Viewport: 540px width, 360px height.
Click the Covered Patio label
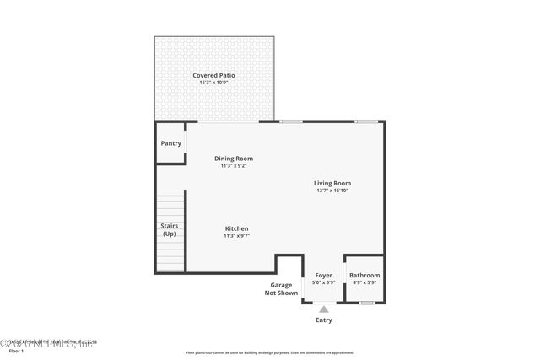point(213,75)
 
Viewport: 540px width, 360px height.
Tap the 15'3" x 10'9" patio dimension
point(213,83)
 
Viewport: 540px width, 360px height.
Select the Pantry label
point(170,143)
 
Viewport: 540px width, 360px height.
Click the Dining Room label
point(233,158)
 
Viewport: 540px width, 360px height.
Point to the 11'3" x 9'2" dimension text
point(233,165)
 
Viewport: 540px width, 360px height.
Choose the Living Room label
point(332,183)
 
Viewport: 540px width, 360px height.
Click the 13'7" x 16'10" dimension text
point(332,191)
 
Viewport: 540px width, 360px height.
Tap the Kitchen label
point(236,228)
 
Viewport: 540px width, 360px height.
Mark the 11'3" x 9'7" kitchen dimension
point(236,236)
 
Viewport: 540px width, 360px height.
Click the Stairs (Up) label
point(169,229)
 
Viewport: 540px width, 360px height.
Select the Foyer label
point(324,275)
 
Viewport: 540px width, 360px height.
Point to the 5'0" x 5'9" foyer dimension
point(324,282)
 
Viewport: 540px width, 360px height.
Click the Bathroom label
point(364,275)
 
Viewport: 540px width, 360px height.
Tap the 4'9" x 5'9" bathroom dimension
point(364,282)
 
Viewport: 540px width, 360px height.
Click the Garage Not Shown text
point(281,288)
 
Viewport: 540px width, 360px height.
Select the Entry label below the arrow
point(324,320)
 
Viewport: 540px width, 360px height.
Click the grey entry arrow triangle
point(324,309)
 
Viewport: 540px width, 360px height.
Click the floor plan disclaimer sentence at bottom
point(269,352)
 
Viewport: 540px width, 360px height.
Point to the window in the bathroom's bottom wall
point(366,302)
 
